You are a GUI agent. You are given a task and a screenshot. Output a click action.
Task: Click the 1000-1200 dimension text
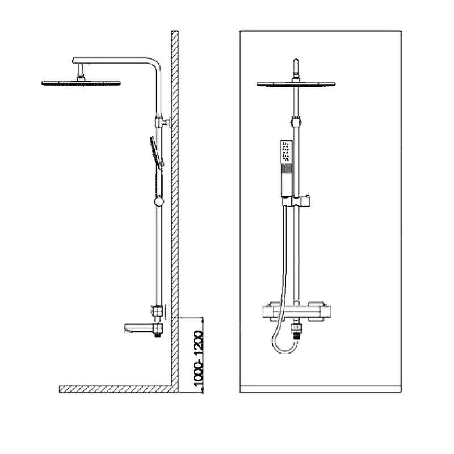pyautogui.click(x=199, y=359)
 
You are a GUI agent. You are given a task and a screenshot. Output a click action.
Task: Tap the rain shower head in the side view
pyautogui.click(x=81, y=83)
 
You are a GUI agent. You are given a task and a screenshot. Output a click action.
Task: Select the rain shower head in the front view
pyautogui.click(x=296, y=84)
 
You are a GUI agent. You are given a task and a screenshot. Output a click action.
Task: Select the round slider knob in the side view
pyautogui.click(x=159, y=201)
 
